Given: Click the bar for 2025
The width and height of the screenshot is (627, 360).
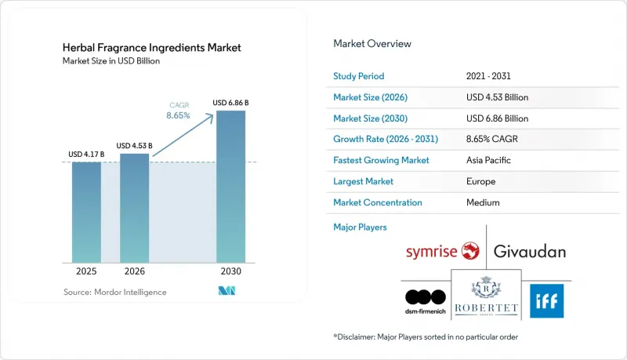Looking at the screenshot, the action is pyautogui.click(x=86, y=213).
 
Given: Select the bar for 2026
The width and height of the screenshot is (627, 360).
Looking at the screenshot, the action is pyautogui.click(x=134, y=208).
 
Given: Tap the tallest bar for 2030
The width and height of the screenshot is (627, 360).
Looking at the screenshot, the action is pyautogui.click(x=230, y=187).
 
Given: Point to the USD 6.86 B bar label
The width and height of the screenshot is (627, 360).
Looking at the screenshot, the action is pyautogui.click(x=230, y=103).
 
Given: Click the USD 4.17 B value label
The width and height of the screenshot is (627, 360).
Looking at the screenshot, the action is pyautogui.click(x=86, y=155).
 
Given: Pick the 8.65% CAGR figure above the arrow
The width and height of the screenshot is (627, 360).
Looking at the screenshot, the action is pyautogui.click(x=179, y=115).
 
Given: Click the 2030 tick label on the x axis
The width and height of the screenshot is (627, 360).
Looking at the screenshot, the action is pyautogui.click(x=230, y=271).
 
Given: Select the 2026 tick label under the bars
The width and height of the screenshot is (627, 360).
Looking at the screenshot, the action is pyautogui.click(x=134, y=271).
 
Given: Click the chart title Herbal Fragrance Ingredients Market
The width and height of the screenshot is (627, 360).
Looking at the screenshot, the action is pyautogui.click(x=151, y=48).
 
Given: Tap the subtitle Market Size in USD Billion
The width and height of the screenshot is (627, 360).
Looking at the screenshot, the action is pyautogui.click(x=111, y=61).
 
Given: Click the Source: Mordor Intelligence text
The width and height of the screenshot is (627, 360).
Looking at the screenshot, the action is pyautogui.click(x=114, y=292).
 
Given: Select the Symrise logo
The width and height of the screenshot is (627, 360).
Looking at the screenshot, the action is pyautogui.click(x=443, y=251).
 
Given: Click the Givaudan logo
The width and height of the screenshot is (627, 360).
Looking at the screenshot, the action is pyautogui.click(x=530, y=252).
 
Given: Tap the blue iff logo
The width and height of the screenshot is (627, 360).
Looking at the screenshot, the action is pyautogui.click(x=546, y=301).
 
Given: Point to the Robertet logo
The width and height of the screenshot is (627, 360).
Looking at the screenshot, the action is pyautogui.click(x=486, y=296).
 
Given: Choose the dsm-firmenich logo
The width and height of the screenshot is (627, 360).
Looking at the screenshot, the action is pyautogui.click(x=426, y=302).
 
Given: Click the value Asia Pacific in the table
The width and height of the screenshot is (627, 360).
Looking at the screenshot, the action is pyautogui.click(x=488, y=160).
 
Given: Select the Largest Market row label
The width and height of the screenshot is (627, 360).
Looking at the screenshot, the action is pyautogui.click(x=363, y=181).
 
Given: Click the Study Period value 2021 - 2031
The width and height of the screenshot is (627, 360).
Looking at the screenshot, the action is pyautogui.click(x=488, y=76).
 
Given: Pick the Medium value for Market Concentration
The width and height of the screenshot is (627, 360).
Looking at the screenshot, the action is pyautogui.click(x=483, y=202).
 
